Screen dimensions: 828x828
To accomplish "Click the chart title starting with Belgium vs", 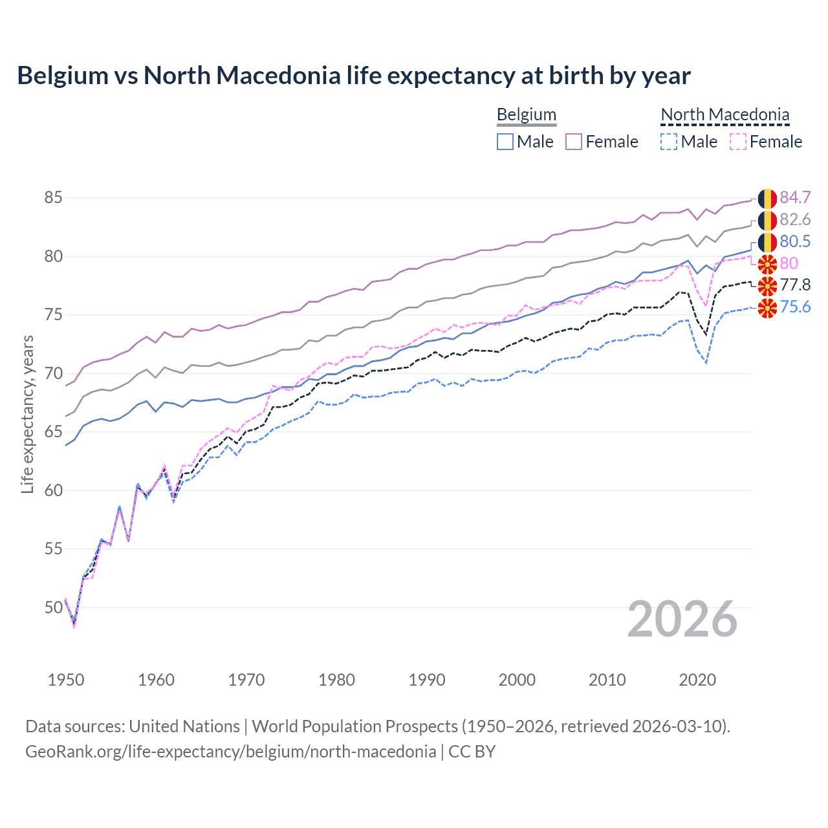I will pos(353,76).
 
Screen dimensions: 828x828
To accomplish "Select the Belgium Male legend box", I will pos(505,142).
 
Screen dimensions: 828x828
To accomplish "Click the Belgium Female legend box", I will pos(574,142).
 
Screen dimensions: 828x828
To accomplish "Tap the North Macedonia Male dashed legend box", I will pos(669,142).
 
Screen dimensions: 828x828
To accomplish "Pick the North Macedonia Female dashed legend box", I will pos(738,142).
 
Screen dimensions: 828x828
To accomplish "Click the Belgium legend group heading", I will pos(526,114).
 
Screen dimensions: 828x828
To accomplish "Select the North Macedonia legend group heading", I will pos(724,114).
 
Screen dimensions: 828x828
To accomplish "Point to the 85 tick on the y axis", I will pos(53,197).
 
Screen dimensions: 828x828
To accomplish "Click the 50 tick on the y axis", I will pos(53,607).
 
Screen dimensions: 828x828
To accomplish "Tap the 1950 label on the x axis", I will pos(66,680).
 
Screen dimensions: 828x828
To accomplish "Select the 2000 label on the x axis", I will pos(517,680).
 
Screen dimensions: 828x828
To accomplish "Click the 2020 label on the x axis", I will pos(697,680).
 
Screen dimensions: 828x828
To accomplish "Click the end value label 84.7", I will pos(795,198).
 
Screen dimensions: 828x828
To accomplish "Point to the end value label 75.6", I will pos(795,307).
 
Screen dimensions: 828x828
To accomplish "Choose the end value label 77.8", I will pos(795,285).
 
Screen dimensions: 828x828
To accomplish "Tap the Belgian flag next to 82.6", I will pos(767,221).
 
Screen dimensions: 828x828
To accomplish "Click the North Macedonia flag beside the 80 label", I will pos(767,264).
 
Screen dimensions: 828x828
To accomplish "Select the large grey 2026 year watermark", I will pos(682,619).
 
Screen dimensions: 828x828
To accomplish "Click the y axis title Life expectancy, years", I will pos(27,414).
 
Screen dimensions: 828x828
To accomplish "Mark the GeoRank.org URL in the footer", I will pos(230,752).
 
